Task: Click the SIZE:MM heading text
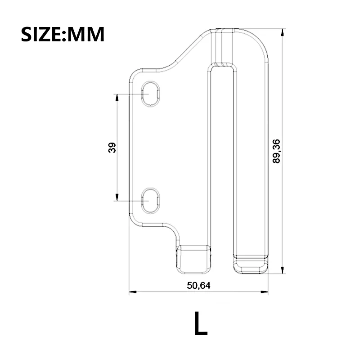[63, 34]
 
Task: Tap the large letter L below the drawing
[201, 323]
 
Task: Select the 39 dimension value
[112, 147]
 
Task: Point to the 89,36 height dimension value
[276, 151]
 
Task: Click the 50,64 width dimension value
[198, 285]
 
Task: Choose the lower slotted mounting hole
[152, 200]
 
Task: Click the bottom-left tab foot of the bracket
[193, 260]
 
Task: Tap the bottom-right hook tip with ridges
[250, 265]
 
